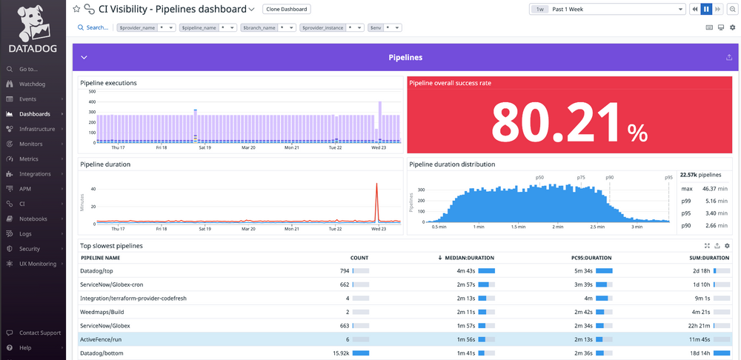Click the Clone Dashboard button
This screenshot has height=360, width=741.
pos(286,9)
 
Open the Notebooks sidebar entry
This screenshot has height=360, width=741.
pos(33,219)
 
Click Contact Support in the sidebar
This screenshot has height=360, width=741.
pos(40,333)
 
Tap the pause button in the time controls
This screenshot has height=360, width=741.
pos(706,9)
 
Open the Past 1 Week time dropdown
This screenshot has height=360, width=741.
pos(607,9)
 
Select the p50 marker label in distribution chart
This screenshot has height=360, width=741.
pos(539,178)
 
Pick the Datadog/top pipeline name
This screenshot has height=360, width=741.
pos(96,270)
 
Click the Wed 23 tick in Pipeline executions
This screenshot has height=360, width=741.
pos(379,147)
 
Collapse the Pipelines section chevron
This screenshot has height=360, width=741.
pos(84,57)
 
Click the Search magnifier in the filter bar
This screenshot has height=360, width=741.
pos(81,27)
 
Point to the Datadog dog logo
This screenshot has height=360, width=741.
pos(30,22)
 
